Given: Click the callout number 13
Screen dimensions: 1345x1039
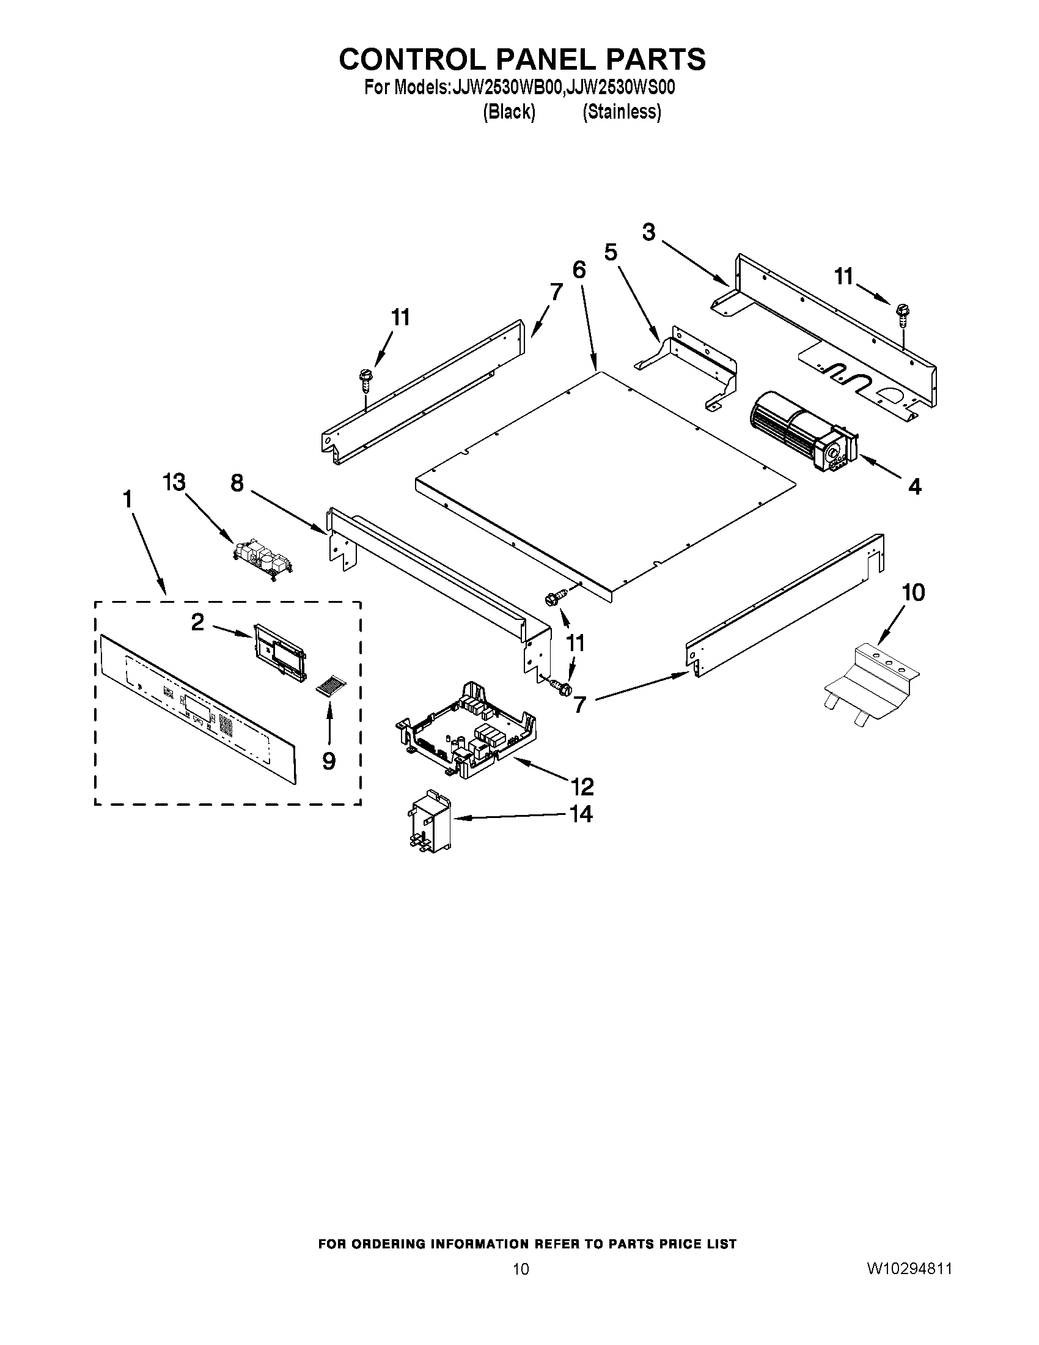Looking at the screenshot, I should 174,483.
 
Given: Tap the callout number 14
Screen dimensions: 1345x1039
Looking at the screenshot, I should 581,814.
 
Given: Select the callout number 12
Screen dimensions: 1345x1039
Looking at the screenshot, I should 582,786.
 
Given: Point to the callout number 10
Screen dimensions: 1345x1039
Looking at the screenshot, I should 913,592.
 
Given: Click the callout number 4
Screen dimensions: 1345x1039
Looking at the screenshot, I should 915,487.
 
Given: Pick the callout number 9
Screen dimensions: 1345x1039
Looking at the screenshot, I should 329,762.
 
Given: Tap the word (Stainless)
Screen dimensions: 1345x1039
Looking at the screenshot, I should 622,112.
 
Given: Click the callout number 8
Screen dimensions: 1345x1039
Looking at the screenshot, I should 237,484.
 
